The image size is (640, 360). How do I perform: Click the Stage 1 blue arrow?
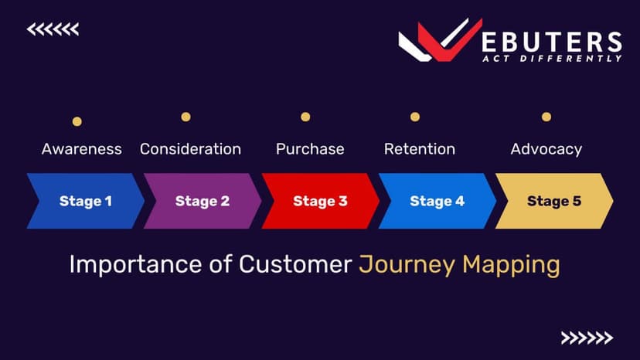(x=86, y=201)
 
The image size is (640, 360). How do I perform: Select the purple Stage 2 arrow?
(x=203, y=201)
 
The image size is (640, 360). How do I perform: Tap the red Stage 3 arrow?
(x=321, y=201)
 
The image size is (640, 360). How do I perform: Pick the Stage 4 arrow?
(x=437, y=201)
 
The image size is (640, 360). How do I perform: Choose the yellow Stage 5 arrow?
(x=554, y=201)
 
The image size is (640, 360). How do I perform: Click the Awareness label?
(x=82, y=149)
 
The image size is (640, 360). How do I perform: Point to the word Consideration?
(x=191, y=149)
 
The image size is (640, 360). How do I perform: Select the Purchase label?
(x=310, y=149)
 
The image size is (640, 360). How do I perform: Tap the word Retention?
(x=420, y=149)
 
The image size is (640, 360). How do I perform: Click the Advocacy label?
(x=546, y=149)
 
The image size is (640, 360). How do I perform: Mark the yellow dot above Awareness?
(x=77, y=121)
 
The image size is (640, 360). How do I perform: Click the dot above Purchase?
(x=305, y=117)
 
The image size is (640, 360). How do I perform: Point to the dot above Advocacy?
(x=546, y=117)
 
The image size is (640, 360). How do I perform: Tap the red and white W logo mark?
(x=441, y=40)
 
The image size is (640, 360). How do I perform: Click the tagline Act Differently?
(x=552, y=59)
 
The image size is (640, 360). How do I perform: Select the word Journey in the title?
(x=407, y=265)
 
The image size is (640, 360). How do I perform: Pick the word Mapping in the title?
(x=511, y=265)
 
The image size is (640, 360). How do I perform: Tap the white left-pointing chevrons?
(x=53, y=29)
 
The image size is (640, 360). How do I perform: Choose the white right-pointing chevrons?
(x=587, y=338)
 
